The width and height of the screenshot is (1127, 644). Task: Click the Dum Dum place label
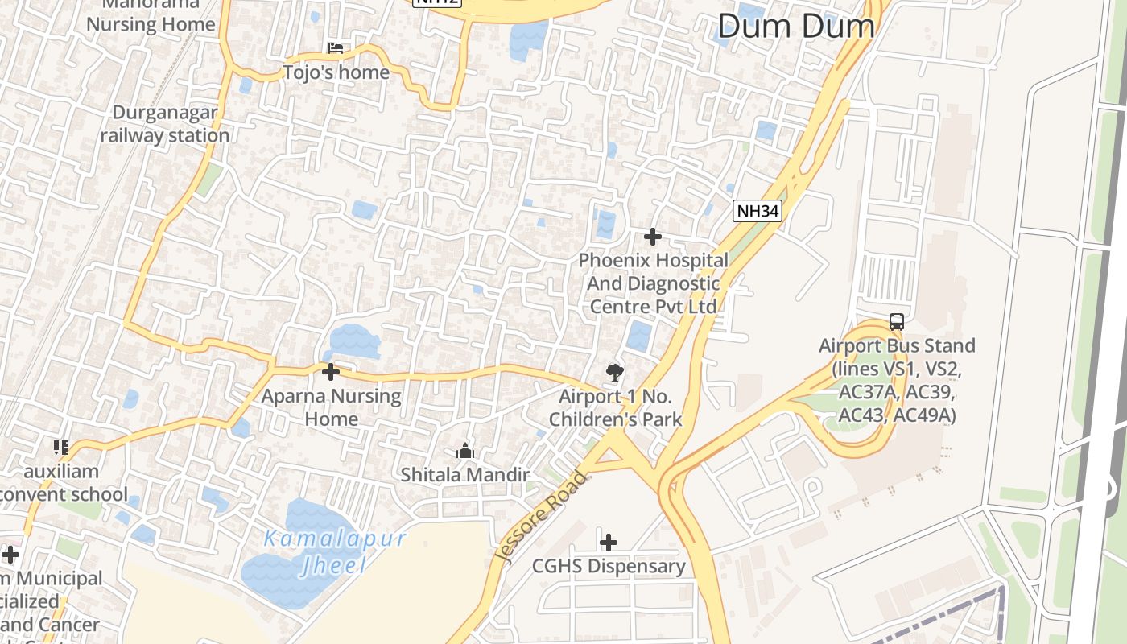coord(795,26)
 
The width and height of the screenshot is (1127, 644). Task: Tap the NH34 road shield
coord(758,212)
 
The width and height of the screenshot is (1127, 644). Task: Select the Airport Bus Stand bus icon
coord(896,322)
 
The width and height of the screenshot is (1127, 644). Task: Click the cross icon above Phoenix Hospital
coord(653,237)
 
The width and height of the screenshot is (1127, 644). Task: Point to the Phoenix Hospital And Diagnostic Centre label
coord(653,283)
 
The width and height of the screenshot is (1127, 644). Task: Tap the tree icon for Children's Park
coord(615,372)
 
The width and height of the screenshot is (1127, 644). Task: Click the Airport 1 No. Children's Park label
coord(616,407)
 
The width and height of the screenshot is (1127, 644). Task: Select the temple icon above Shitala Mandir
coord(465,452)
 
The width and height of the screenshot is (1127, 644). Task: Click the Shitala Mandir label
coord(465,475)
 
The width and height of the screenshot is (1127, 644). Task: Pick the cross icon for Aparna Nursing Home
coord(330,372)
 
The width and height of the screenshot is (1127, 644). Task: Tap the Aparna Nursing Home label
coord(331,407)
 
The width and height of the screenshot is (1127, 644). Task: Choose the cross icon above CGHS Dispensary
coord(609,542)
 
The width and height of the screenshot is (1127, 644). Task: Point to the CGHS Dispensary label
coord(609,566)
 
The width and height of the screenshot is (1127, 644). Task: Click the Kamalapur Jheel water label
coord(335,551)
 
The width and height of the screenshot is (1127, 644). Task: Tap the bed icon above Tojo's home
coord(336,49)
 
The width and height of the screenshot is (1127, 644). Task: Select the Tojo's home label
coord(336,72)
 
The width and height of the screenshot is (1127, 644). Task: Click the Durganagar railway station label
coord(165,124)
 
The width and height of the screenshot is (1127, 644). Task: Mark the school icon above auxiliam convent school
coord(61,447)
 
